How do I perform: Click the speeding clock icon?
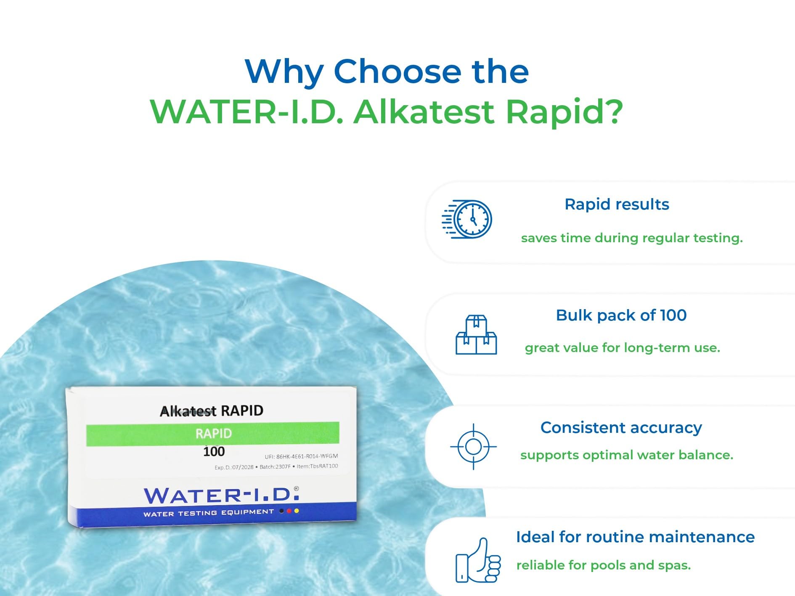tap(467, 219)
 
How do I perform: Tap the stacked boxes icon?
tap(476, 335)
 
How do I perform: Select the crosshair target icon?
tap(473, 446)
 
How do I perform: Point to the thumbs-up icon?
tap(478, 560)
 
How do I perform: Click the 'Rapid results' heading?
tap(617, 204)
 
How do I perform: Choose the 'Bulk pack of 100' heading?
tap(621, 315)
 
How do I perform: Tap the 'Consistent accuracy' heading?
tap(621, 428)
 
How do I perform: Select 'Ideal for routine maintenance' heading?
tap(635, 537)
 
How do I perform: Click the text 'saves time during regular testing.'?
tap(632, 238)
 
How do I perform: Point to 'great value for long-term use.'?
tap(623, 348)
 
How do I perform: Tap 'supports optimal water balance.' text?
tap(627, 455)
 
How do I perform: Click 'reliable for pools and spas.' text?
tap(604, 565)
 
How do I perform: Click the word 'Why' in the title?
tap(284, 72)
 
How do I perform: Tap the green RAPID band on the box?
tap(213, 434)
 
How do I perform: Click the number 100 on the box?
tap(214, 452)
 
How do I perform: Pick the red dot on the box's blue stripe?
tap(289, 511)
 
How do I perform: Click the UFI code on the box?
tap(301, 456)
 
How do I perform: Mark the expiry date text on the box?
tap(234, 467)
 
